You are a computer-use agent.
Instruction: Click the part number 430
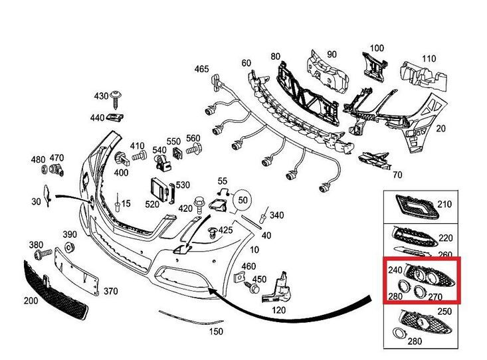pos(101,96)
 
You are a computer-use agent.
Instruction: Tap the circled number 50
pos(243,199)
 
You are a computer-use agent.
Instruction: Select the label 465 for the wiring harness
pos(201,69)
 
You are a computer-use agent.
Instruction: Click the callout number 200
pos(31,300)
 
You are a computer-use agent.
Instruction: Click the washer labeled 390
pos(69,249)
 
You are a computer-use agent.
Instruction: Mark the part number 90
pos(332,54)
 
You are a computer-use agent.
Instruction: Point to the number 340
pos(276,215)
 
